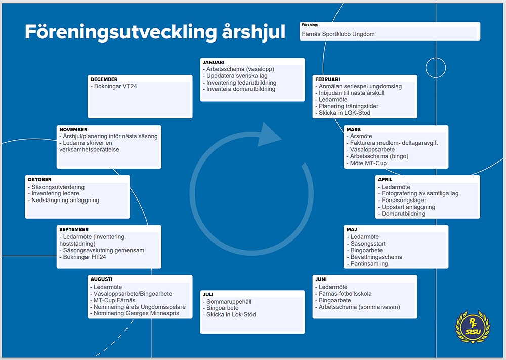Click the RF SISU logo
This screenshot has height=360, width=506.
(x=473, y=327)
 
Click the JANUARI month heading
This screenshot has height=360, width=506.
(x=214, y=62)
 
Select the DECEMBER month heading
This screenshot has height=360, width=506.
(x=104, y=79)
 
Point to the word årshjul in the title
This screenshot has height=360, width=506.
(x=254, y=32)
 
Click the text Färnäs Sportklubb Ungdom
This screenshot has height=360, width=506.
(x=338, y=34)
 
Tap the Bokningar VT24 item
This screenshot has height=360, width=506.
(x=113, y=86)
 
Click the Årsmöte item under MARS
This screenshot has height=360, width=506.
(x=359, y=136)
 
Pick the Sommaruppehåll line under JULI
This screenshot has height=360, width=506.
(x=227, y=302)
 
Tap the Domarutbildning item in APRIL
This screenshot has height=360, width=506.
(x=401, y=214)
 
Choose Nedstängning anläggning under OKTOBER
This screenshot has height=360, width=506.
(x=64, y=200)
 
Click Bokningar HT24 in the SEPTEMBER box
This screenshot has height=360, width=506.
(x=82, y=257)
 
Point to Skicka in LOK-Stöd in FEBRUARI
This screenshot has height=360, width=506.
(x=343, y=113)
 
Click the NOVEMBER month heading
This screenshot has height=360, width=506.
(x=73, y=129)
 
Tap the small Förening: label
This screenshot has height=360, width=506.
(x=310, y=25)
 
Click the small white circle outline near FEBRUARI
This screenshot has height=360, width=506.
(x=436, y=68)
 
